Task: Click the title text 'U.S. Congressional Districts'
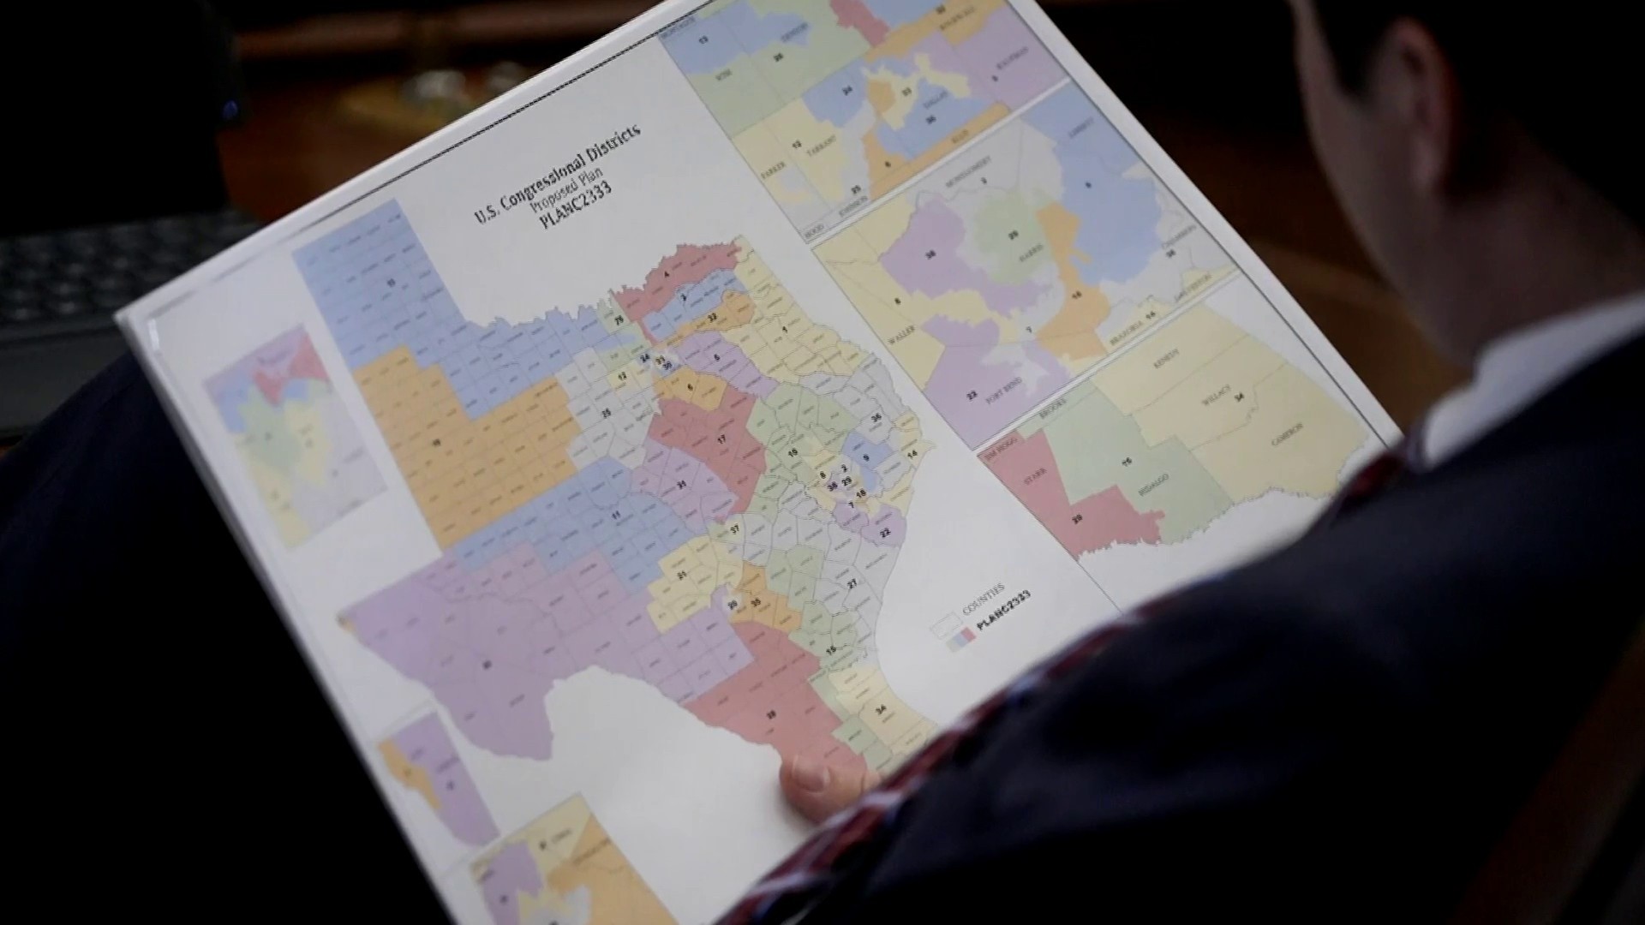[x=557, y=171]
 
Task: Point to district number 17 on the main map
[x=721, y=439]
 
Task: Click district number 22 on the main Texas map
[x=886, y=532]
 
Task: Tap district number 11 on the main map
[x=614, y=516]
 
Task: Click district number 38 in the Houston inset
[x=931, y=254]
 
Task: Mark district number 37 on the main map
[x=734, y=530]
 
